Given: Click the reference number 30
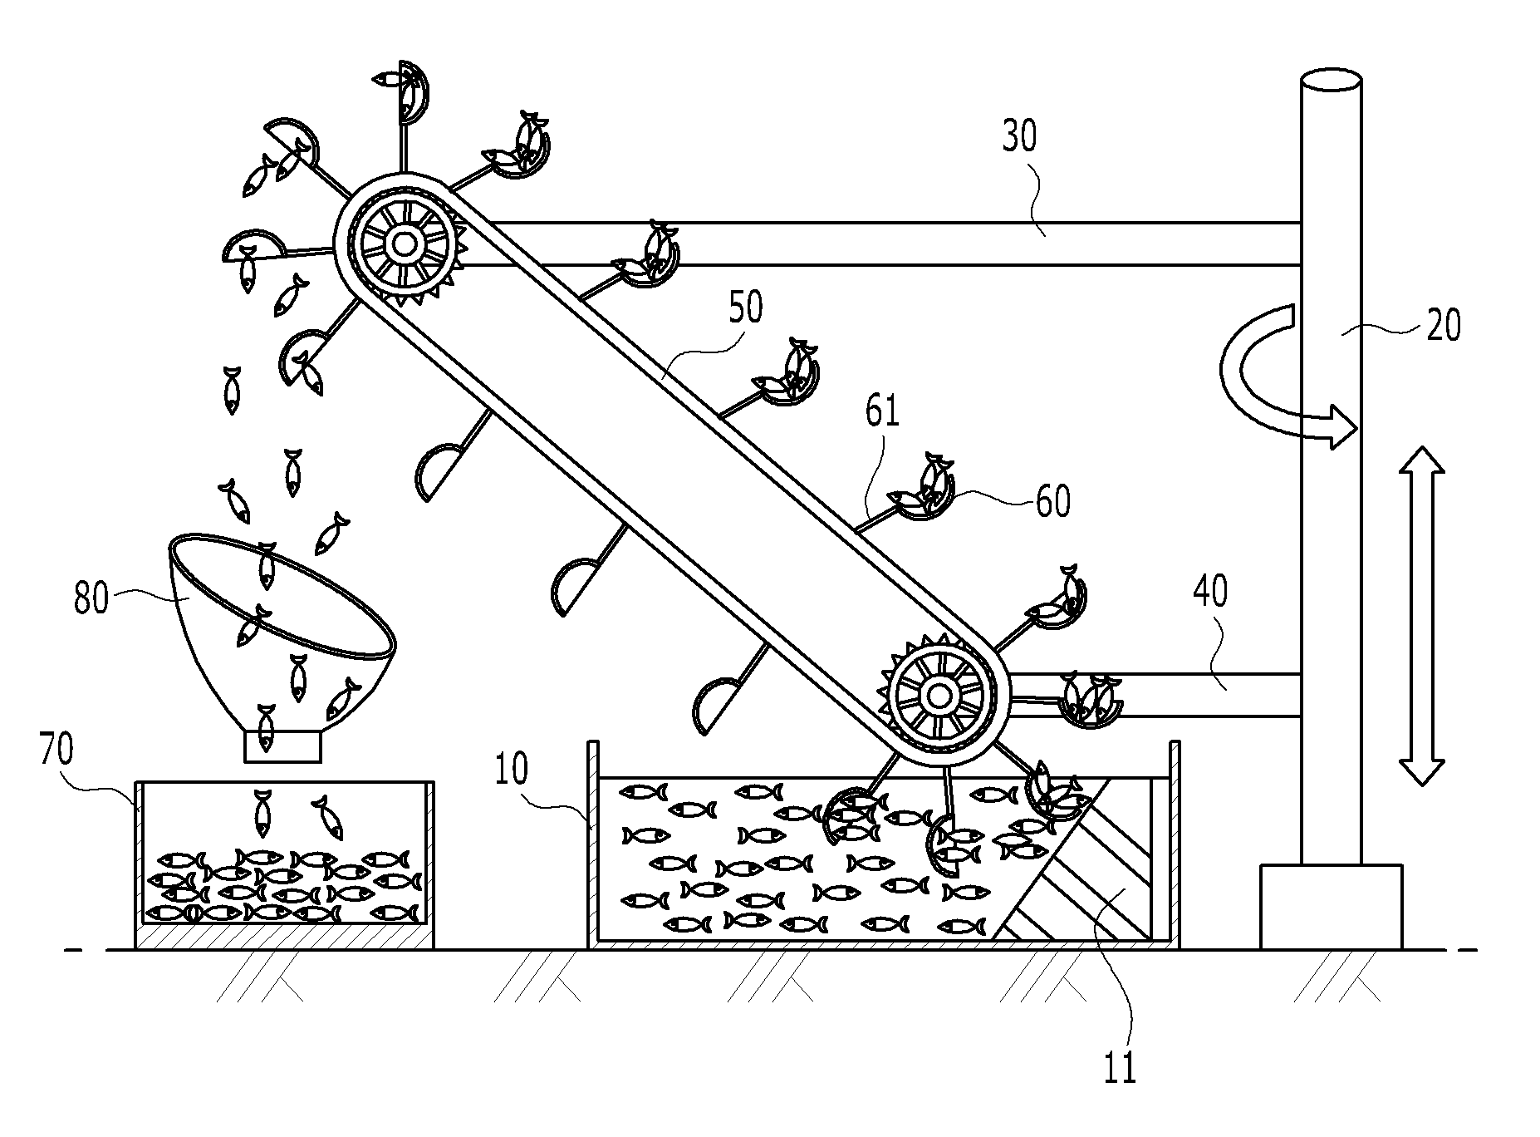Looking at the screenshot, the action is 1019,136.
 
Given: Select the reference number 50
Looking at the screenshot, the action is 745,308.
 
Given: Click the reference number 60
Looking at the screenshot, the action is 1052,501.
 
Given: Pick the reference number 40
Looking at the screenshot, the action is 1209,593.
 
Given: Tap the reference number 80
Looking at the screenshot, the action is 91,598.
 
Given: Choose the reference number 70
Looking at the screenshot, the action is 56,750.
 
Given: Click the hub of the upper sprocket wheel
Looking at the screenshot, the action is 405,244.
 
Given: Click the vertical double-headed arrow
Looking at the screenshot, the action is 1422,616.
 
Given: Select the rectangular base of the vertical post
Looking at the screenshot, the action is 1332,907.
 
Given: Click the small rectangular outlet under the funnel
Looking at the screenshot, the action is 282,746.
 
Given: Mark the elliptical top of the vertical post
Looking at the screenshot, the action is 1331,84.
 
